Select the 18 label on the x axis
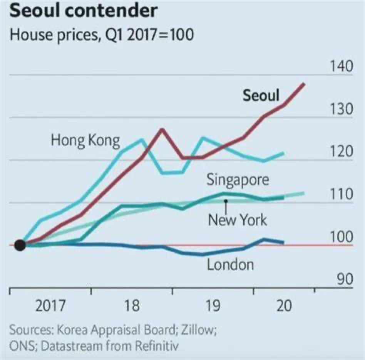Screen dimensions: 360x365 [132, 307]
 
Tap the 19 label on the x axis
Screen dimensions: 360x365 [213, 307]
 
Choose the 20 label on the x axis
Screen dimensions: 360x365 [284, 307]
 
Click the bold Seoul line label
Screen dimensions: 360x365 [261, 96]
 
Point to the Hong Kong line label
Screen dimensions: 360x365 [85, 140]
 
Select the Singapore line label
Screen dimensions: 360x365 [238, 179]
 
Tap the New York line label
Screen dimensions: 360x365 [237, 220]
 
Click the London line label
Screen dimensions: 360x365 [231, 265]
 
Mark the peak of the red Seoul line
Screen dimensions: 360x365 [304, 84]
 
